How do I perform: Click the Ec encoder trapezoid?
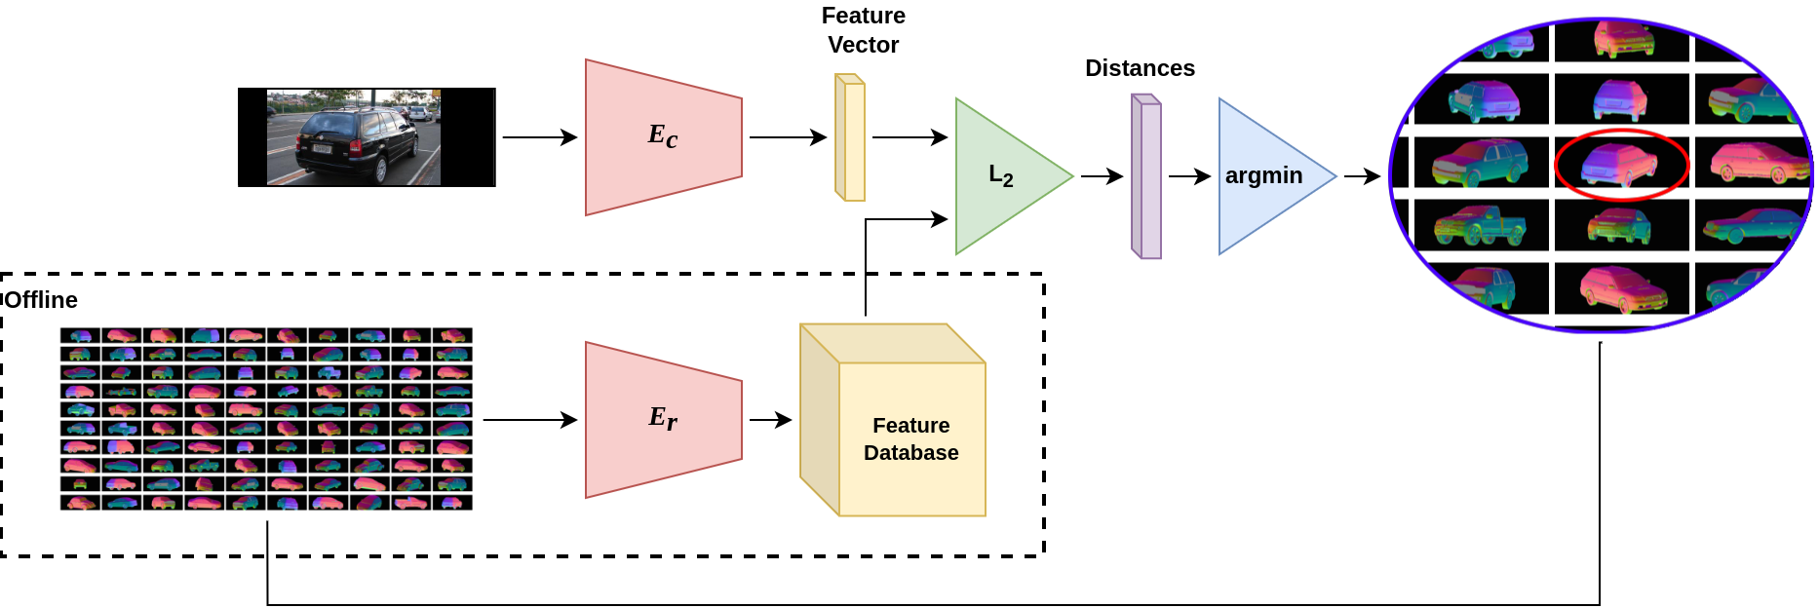tap(663, 136)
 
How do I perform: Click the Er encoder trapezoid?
tap(663, 419)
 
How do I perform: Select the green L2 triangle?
tap(1004, 176)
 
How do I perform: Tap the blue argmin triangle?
tap(1267, 176)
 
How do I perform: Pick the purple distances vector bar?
tap(1146, 176)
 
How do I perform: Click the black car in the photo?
tap(353, 146)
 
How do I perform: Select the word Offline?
tap(41, 300)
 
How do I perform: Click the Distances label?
tap(1140, 68)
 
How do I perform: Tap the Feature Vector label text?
tap(863, 30)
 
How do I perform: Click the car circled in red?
tap(1620, 164)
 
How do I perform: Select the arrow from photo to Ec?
tap(539, 137)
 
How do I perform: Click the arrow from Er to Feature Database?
tap(770, 420)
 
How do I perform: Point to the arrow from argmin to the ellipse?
tap(1362, 176)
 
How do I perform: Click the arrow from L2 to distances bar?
tap(1102, 176)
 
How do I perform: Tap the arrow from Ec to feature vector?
tap(788, 137)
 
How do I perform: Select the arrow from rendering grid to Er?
tap(529, 420)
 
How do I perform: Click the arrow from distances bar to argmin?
tap(1189, 176)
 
